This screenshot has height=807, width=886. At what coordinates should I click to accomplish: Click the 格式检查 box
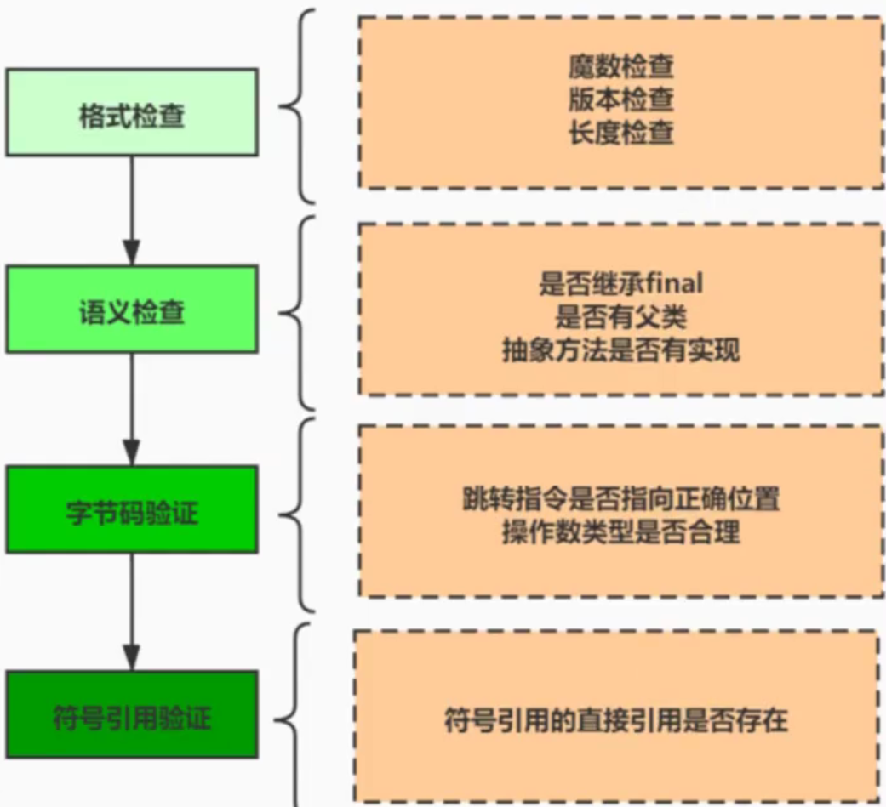[131, 113]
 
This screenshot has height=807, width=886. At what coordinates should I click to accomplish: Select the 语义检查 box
[131, 310]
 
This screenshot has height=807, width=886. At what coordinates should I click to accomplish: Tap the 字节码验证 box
[131, 509]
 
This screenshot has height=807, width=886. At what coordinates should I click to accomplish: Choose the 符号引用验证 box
[131, 715]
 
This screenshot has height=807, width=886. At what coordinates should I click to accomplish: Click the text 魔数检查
[621, 67]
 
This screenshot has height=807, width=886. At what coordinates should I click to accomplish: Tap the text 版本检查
[621, 100]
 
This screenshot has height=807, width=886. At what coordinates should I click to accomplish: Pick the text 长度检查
[621, 134]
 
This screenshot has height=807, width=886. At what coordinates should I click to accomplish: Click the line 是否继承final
[620, 283]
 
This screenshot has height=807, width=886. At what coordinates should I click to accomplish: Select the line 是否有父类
[620, 316]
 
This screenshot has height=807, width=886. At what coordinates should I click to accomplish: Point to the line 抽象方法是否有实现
[620, 350]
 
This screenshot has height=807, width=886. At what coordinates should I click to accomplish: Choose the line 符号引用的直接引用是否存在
[616, 721]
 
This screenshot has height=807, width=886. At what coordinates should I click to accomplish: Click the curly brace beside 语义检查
[298, 312]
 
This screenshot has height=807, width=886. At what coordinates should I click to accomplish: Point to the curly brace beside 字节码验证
[298, 514]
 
